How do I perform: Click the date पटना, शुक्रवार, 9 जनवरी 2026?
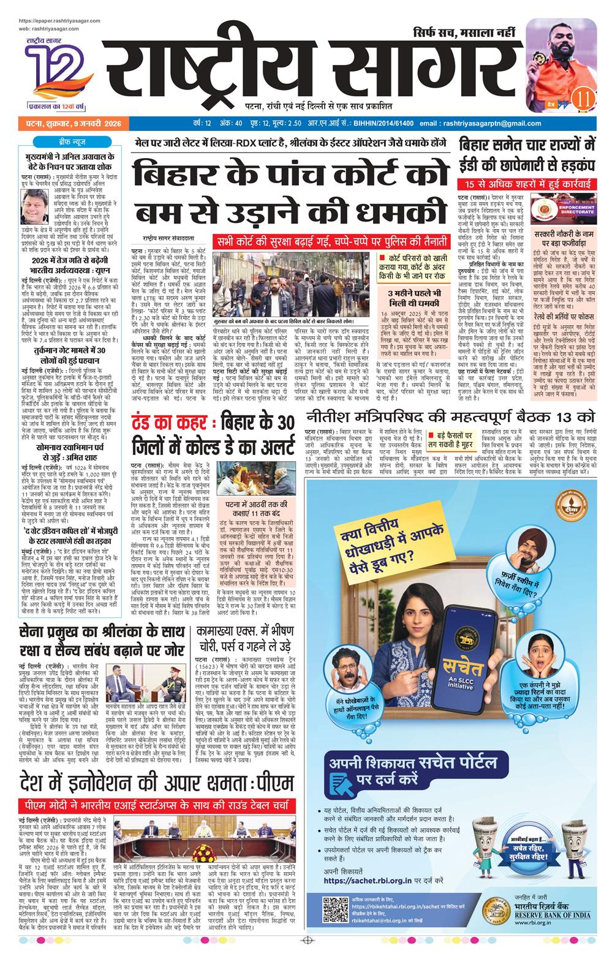tap(70, 124)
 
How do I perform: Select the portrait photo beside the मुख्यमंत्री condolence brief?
tap(34, 205)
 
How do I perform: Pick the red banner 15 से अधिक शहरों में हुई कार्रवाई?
tap(527, 184)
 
